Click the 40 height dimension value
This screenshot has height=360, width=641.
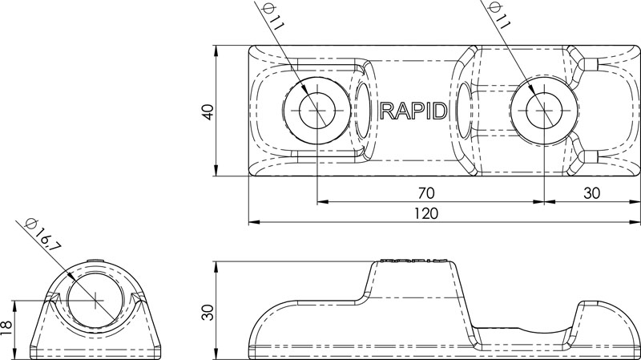click(x=207, y=111)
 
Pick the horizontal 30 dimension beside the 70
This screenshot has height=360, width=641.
click(x=591, y=193)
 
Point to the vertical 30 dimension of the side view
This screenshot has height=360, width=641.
click(x=207, y=310)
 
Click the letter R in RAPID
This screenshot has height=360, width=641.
click(x=388, y=111)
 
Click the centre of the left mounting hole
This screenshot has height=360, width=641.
click(x=318, y=111)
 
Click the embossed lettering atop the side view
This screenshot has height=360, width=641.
click(x=413, y=261)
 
